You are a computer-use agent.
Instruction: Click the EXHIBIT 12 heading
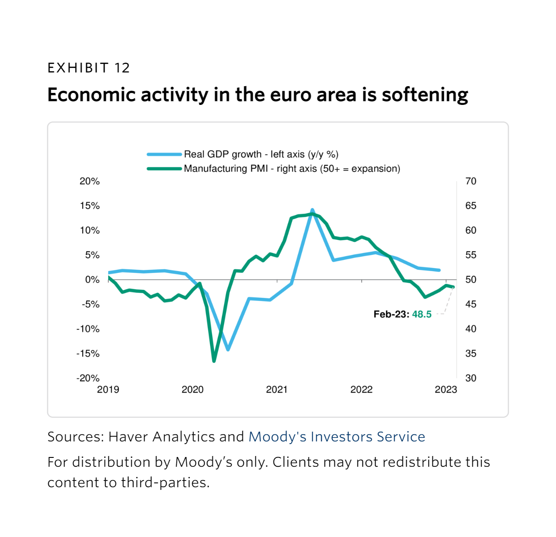(89, 68)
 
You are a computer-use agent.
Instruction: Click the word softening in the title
(425, 95)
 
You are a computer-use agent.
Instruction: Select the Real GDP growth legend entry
(261, 154)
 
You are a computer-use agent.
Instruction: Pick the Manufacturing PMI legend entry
(292, 168)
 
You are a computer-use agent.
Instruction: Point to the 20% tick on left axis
(89, 181)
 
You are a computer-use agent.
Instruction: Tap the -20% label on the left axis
(88, 378)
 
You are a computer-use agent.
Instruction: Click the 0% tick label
(92, 280)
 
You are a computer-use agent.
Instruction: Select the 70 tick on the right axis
(471, 181)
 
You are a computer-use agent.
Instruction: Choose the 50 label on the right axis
(471, 280)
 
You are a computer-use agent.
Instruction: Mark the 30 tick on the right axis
(471, 378)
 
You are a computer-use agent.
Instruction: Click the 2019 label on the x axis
(108, 390)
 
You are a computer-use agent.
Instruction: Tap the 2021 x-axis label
(277, 390)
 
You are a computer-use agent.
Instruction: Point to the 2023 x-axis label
(446, 390)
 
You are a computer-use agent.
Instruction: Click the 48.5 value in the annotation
(422, 314)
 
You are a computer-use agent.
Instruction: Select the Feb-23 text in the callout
(391, 314)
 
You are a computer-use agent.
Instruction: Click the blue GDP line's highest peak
(312, 210)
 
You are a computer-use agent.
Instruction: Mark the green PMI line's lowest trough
(214, 361)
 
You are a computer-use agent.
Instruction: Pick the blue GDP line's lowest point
(228, 349)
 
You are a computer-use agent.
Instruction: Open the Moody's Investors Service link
(337, 437)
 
